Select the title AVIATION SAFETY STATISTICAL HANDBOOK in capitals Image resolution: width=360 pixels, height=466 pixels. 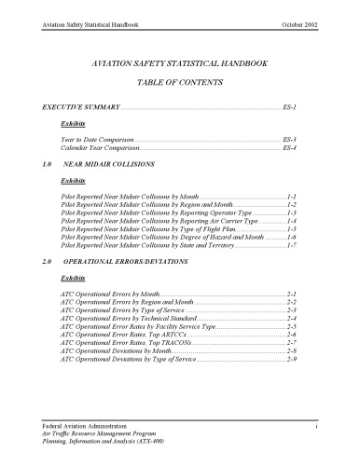point(180,68)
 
